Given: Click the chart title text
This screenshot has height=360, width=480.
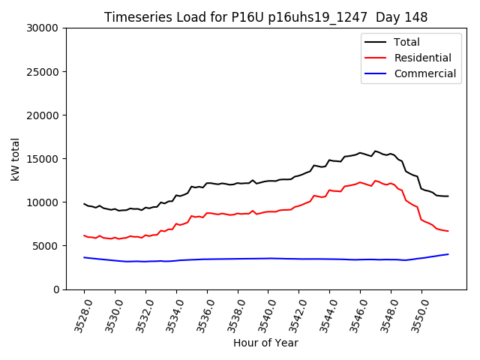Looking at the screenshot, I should point(265,17).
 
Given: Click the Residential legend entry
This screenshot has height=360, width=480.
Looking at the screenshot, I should point(422,58).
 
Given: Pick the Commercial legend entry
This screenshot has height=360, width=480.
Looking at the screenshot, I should point(424,73).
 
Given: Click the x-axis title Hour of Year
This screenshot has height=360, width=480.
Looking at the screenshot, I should point(265,343).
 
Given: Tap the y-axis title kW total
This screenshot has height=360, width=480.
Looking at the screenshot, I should point(15,159).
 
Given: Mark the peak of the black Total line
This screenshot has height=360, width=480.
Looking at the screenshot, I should point(375,151).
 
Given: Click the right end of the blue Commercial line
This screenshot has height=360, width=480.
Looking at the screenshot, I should point(448,254).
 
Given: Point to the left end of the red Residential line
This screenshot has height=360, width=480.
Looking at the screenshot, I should point(84,235).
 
